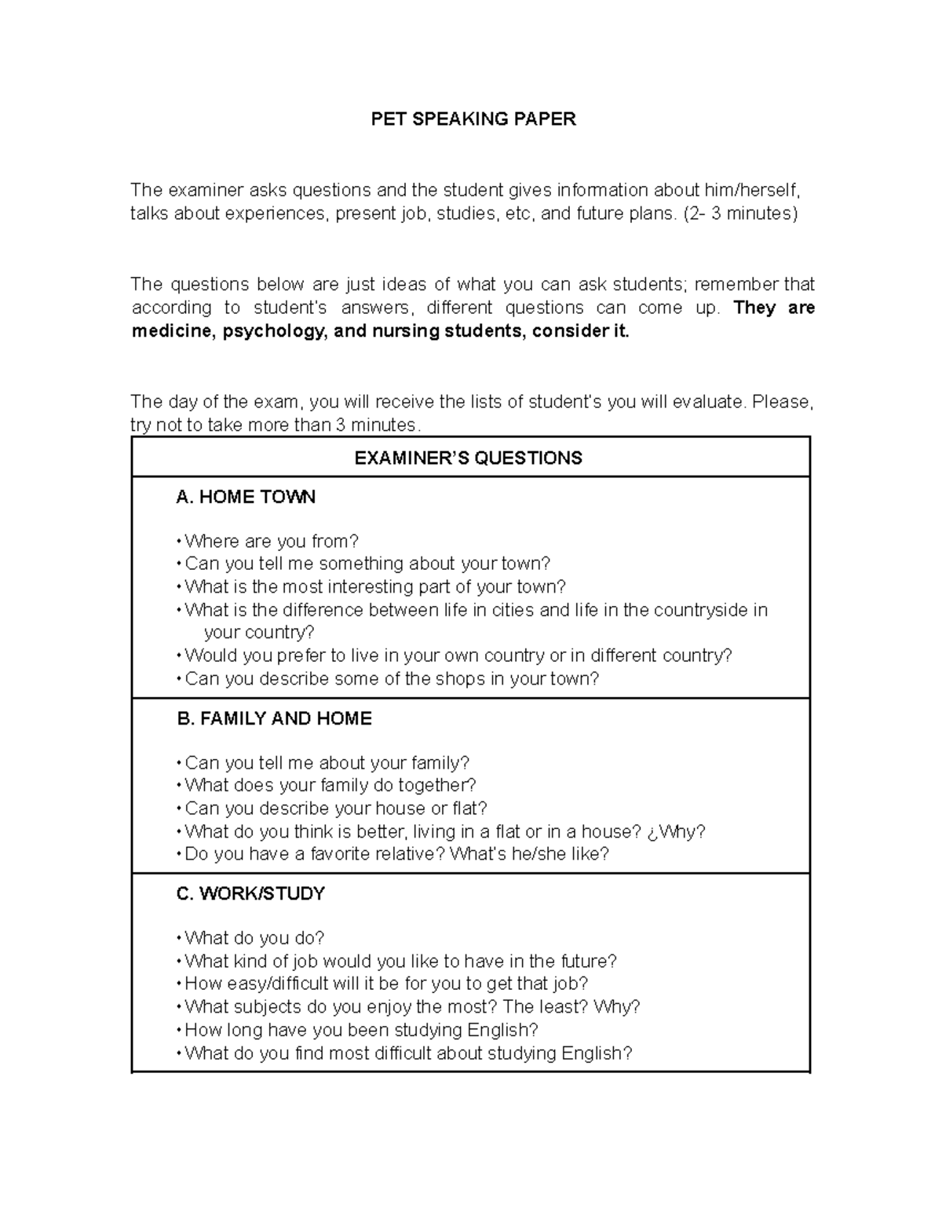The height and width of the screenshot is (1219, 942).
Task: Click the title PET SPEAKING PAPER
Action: [x=473, y=119]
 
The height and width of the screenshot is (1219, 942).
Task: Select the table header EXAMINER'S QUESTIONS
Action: [x=469, y=458]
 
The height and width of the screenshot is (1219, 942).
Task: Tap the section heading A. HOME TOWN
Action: [x=246, y=497]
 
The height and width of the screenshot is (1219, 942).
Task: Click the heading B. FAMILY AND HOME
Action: [x=274, y=719]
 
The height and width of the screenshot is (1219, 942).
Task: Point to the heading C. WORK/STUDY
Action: [x=250, y=894]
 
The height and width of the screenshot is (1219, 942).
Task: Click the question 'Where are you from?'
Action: [x=271, y=542]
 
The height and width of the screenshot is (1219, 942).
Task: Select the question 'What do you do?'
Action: [x=254, y=939]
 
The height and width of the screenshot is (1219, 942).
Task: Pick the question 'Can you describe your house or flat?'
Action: [x=336, y=808]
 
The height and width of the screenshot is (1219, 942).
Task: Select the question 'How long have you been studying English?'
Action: [x=361, y=1030]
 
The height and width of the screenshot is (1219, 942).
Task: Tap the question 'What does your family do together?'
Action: [x=330, y=786]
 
